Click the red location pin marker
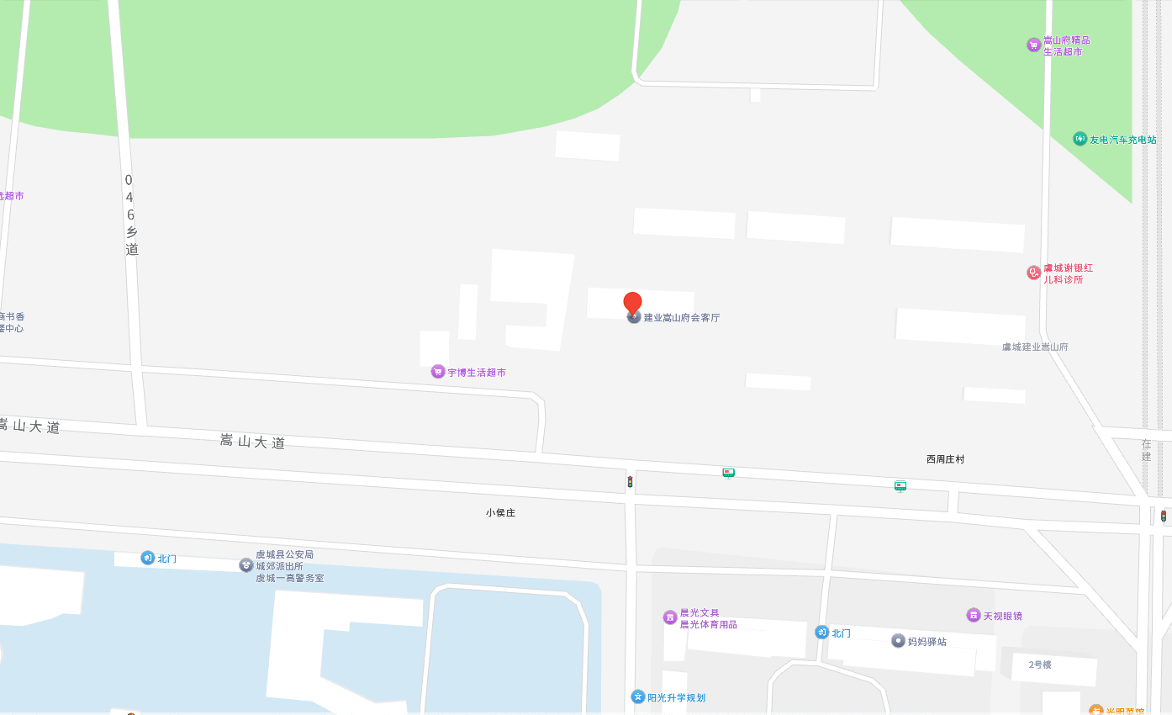(632, 303)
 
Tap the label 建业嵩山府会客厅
(681, 318)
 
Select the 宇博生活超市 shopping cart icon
(437, 372)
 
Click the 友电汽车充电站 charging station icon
(1080, 140)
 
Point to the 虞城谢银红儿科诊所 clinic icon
(1033, 273)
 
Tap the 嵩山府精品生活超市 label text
(1067, 46)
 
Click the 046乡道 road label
(130, 214)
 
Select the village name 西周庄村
(945, 459)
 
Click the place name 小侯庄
(500, 512)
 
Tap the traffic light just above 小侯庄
(630, 482)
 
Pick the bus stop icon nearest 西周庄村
(900, 486)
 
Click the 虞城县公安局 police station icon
(245, 564)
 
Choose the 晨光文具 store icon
(670, 617)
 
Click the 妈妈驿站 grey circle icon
(898, 641)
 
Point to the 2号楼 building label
(1040, 665)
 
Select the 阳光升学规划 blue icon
(638, 696)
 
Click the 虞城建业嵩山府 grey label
(1035, 347)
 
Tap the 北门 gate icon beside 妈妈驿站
(821, 632)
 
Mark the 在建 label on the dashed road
(1146, 450)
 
